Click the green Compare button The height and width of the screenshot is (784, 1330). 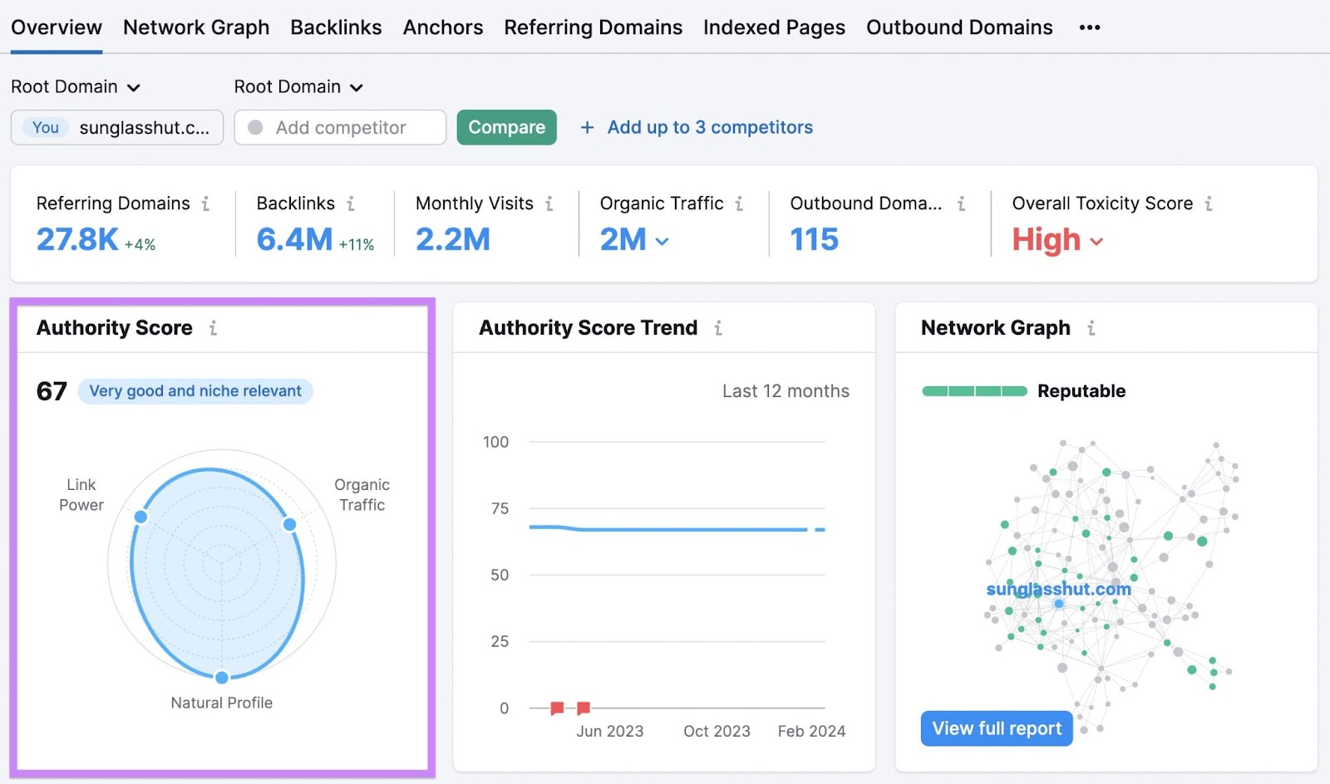click(x=506, y=127)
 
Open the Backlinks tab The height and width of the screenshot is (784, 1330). click(x=336, y=27)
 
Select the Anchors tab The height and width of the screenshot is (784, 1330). click(x=443, y=27)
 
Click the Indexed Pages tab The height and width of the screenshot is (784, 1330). click(x=774, y=27)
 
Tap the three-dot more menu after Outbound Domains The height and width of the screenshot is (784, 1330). click(x=1089, y=27)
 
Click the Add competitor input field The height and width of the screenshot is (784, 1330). click(x=340, y=127)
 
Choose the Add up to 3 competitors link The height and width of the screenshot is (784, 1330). click(x=709, y=127)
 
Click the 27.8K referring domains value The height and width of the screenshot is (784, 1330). click(x=77, y=239)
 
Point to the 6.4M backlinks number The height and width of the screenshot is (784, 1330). click(x=294, y=239)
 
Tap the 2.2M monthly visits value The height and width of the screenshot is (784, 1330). click(x=453, y=239)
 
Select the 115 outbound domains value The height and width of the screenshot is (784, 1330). click(x=814, y=239)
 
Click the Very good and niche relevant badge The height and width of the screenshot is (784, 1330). click(x=195, y=391)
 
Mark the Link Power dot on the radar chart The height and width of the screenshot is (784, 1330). click(x=141, y=517)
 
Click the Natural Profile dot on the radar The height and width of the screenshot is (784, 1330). click(x=222, y=678)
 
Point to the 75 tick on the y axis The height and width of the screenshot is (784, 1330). click(x=500, y=508)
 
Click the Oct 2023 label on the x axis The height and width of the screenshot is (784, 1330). click(x=717, y=731)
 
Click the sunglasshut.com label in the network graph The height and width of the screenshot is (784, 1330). click(x=1058, y=589)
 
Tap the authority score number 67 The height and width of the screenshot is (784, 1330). click(x=52, y=391)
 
